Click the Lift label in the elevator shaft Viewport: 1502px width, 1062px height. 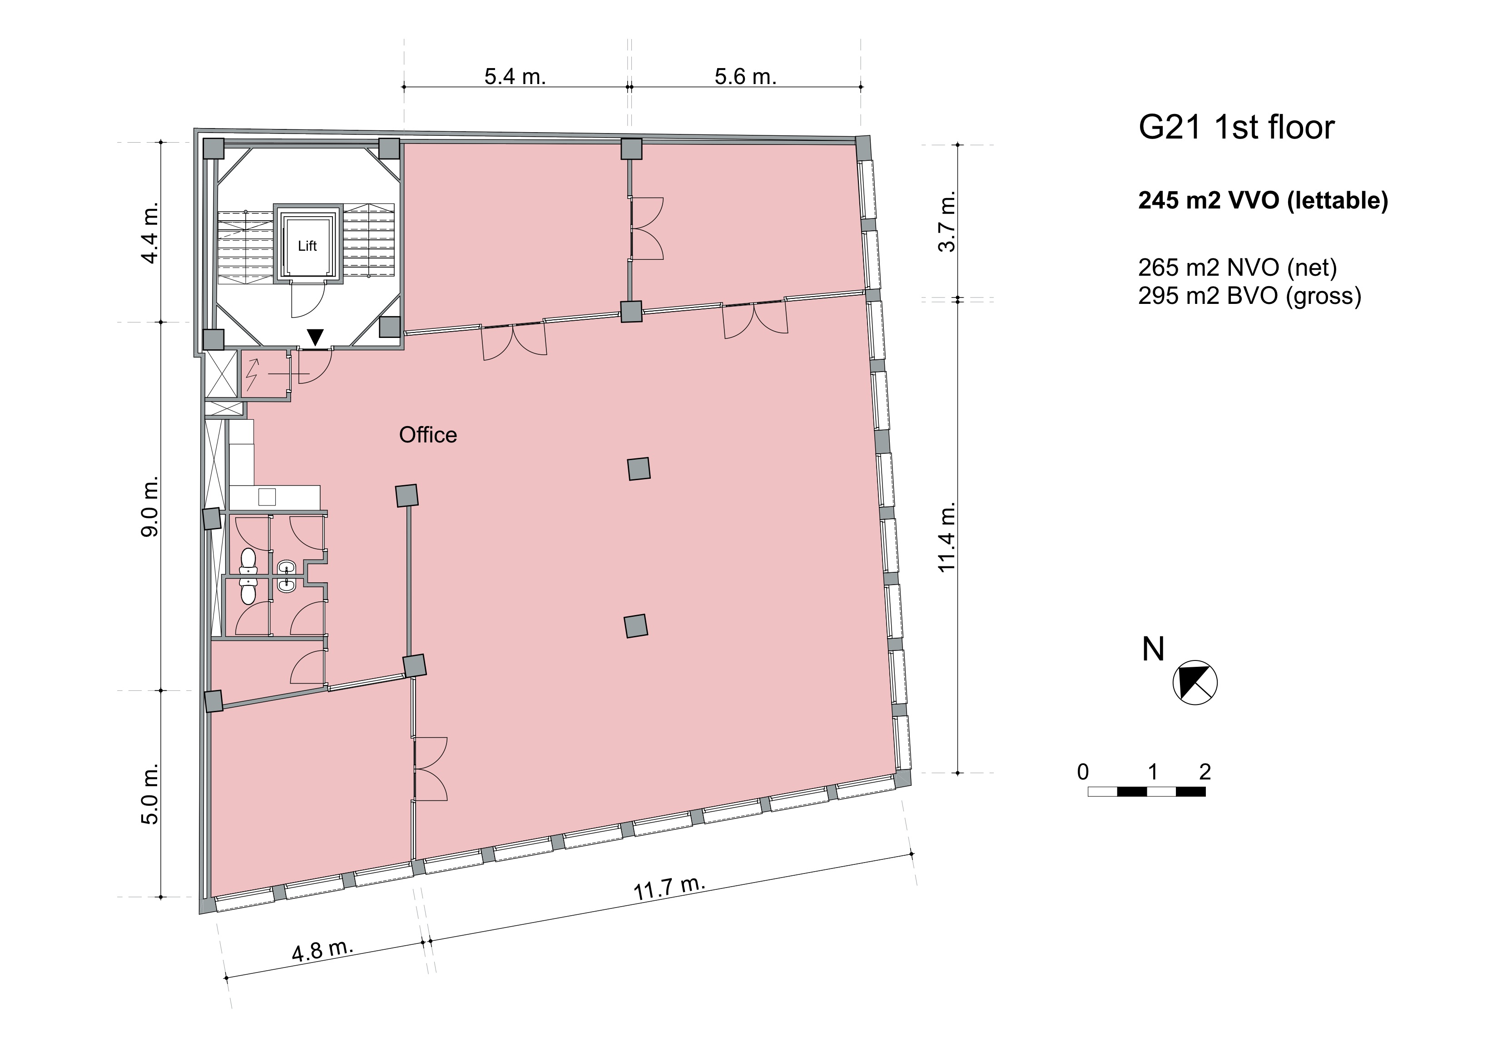(307, 246)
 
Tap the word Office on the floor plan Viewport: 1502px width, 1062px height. (428, 435)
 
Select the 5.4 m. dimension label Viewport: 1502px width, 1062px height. (515, 77)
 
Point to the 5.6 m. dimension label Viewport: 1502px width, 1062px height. (745, 77)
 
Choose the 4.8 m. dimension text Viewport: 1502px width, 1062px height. (322, 950)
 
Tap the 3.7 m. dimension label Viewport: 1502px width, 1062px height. (947, 221)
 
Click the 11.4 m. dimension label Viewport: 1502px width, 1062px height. (947, 537)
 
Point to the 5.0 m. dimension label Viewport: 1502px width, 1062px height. (150, 794)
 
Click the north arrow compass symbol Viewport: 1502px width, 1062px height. (1195, 682)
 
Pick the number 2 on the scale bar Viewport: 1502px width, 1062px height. (1205, 772)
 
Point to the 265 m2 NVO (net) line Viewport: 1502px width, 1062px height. (1238, 268)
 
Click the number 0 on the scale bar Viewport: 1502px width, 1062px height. (1083, 772)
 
